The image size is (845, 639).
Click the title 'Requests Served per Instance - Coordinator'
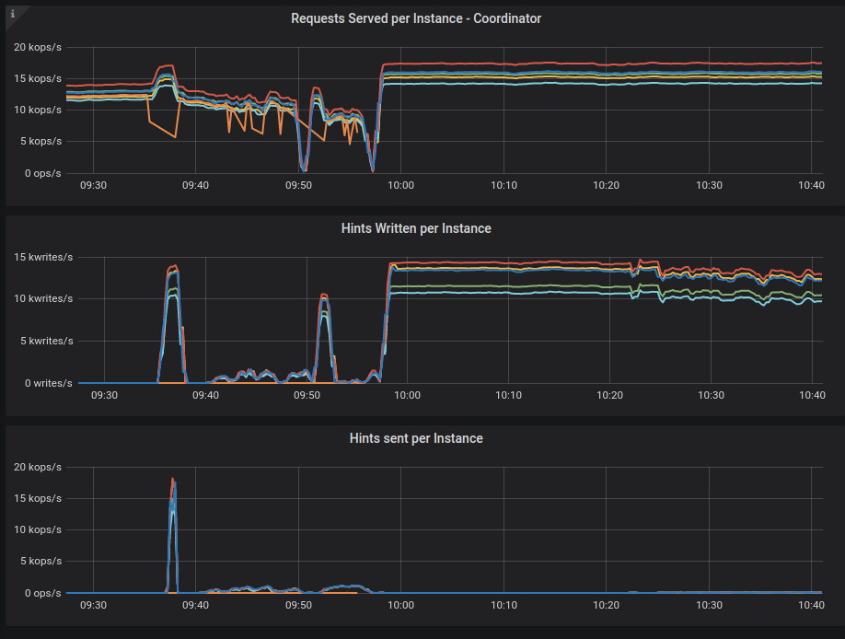(x=416, y=18)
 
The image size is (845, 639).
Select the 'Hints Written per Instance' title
(x=416, y=228)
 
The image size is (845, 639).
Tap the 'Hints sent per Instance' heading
(x=416, y=438)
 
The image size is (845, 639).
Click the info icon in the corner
(x=13, y=14)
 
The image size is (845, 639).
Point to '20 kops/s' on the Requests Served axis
(x=38, y=48)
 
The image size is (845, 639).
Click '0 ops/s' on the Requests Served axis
(x=42, y=173)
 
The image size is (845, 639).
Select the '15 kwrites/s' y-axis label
(x=43, y=257)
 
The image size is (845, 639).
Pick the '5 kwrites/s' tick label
(x=46, y=341)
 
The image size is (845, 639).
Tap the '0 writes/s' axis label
(x=49, y=383)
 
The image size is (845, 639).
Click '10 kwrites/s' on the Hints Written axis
(x=43, y=298)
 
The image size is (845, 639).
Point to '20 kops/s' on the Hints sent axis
(x=38, y=467)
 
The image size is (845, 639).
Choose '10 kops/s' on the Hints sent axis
(x=38, y=530)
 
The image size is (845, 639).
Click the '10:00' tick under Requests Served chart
(x=401, y=185)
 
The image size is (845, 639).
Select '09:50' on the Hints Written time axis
(x=307, y=395)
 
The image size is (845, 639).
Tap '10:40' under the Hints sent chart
(x=811, y=605)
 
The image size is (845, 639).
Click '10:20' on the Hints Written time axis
(x=609, y=395)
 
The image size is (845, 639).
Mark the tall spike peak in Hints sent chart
(x=172, y=479)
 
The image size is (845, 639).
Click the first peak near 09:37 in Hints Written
(x=174, y=265)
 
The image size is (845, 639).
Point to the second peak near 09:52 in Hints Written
(x=324, y=295)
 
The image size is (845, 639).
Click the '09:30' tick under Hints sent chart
(x=93, y=605)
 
